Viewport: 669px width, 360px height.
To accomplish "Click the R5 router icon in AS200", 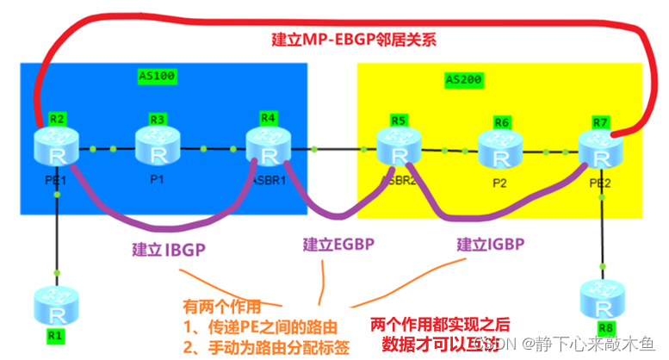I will [x=398, y=148].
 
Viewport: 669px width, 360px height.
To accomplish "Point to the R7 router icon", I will [x=600, y=150].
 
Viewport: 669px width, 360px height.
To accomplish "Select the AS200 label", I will [x=464, y=80].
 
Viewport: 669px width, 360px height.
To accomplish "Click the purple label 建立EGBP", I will [x=338, y=245].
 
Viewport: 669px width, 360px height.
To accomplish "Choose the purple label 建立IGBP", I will [x=491, y=245].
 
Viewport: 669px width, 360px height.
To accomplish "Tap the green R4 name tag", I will [x=269, y=118].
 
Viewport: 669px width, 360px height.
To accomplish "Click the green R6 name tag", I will [x=502, y=122].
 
